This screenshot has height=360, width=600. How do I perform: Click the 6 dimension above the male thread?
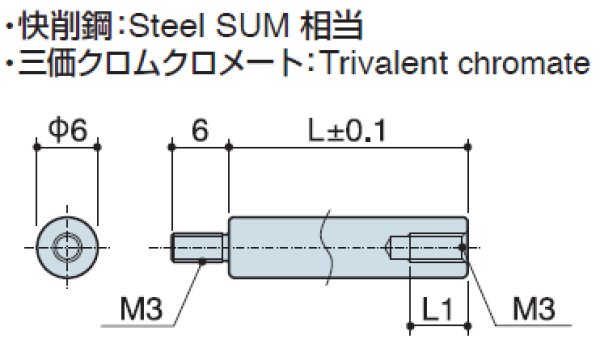click(x=201, y=129)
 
